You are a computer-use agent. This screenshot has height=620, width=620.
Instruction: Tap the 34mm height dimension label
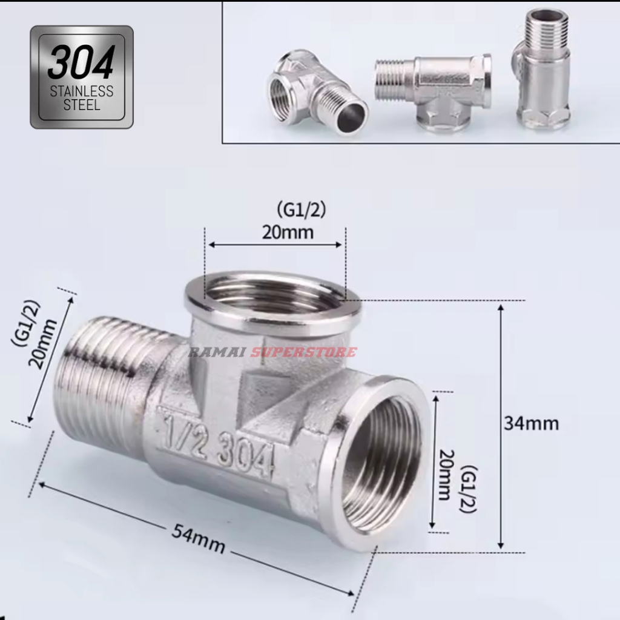click(531, 423)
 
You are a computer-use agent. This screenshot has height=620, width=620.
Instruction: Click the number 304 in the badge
click(81, 64)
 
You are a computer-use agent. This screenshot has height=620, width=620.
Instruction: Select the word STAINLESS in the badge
click(81, 92)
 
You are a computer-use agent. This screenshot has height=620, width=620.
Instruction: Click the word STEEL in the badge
click(81, 104)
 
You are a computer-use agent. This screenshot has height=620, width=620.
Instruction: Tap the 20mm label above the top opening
click(288, 232)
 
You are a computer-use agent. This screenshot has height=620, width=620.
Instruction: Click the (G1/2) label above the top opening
click(301, 209)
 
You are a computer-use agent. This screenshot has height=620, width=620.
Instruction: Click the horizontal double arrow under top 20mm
click(275, 245)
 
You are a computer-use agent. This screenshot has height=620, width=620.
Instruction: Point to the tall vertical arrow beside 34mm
click(501, 426)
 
